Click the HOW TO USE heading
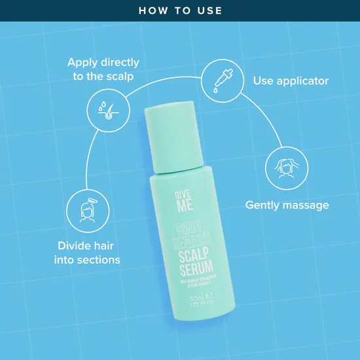tap(180, 10)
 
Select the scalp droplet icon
tap(105, 109)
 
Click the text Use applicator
tap(291, 81)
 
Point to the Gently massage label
tap(287, 205)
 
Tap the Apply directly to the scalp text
tap(103, 69)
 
